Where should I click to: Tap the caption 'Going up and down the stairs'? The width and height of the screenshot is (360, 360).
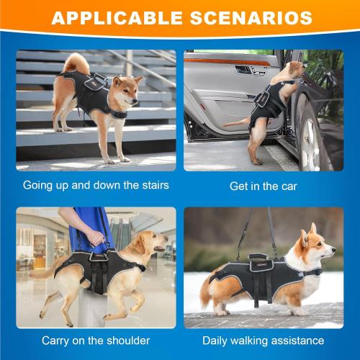click(x=96, y=186)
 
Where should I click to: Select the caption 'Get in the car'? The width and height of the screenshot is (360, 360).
click(x=263, y=186)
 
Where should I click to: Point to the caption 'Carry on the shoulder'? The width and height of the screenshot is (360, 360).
click(x=96, y=340)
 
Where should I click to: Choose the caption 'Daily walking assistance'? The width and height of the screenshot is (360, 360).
click(x=263, y=340)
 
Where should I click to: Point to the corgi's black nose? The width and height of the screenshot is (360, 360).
click(x=333, y=250)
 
